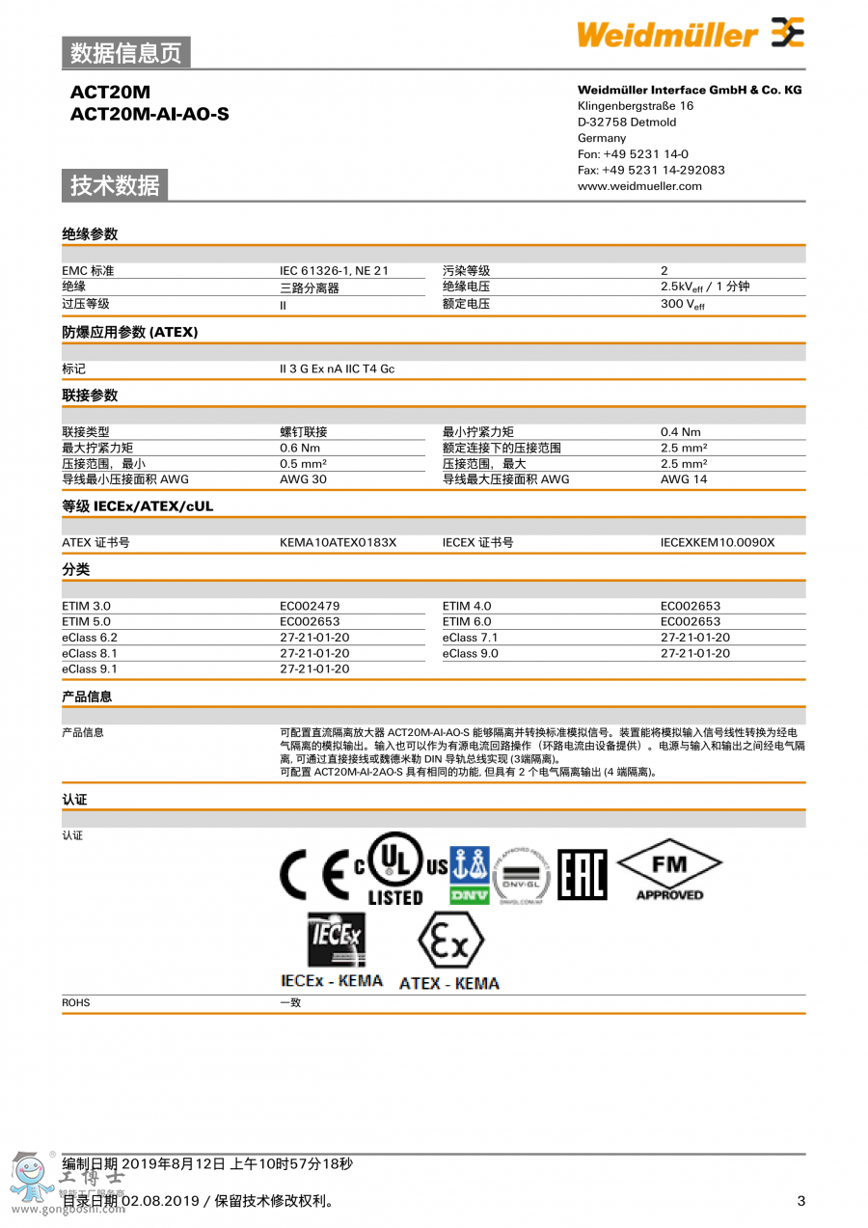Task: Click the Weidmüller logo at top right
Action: click(x=690, y=35)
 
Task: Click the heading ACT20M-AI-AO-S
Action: click(x=149, y=115)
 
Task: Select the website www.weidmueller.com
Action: click(x=639, y=186)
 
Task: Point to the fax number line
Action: click(x=651, y=170)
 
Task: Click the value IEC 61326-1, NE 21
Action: click(x=334, y=271)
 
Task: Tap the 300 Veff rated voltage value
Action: click(x=683, y=304)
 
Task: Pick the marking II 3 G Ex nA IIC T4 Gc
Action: click(x=337, y=369)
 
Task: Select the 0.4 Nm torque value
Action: click(x=680, y=432)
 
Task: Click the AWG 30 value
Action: click(x=303, y=479)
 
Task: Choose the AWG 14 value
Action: click(x=683, y=479)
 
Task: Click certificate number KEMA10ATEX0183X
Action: click(x=338, y=543)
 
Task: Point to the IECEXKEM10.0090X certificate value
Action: click(x=717, y=543)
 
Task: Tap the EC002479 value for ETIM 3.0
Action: click(x=310, y=607)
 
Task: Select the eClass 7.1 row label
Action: click(x=470, y=638)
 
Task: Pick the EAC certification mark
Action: click(x=583, y=875)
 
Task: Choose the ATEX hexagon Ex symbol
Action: click(x=449, y=942)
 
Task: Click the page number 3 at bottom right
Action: click(x=800, y=1201)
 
